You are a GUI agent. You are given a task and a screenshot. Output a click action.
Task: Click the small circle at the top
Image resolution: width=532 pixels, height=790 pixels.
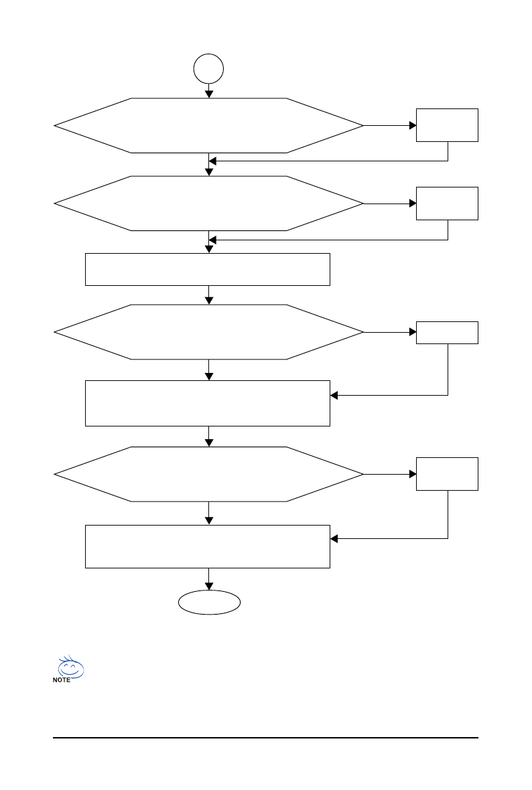click(208, 69)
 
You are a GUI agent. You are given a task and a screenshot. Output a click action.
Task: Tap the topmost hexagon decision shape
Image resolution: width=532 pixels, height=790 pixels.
click(209, 125)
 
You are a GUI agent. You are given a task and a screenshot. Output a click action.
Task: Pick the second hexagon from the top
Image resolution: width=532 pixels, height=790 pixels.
click(209, 203)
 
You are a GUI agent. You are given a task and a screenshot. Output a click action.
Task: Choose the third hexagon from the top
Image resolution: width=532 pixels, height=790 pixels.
click(209, 332)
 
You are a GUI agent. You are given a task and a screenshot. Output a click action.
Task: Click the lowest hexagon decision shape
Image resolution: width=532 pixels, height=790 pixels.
click(209, 474)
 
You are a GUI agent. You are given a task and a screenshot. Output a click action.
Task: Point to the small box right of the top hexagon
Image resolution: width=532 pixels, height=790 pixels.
click(447, 125)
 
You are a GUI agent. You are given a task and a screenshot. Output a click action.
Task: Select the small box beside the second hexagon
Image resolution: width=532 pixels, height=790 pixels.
click(447, 203)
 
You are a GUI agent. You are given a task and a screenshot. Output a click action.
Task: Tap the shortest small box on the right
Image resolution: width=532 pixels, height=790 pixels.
click(447, 333)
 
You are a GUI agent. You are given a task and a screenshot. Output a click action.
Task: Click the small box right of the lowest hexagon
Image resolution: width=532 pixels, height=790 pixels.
click(447, 474)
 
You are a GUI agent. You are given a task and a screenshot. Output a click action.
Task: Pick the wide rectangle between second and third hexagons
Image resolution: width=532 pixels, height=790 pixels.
click(208, 269)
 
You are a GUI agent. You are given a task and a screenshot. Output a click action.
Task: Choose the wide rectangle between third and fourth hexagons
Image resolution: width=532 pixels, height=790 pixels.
click(208, 403)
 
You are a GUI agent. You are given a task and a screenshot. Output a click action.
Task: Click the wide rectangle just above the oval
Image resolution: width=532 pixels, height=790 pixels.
click(208, 547)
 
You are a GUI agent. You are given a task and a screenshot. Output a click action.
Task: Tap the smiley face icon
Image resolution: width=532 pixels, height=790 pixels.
click(70, 667)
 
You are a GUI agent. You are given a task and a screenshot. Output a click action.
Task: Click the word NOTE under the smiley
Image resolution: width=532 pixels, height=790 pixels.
click(62, 680)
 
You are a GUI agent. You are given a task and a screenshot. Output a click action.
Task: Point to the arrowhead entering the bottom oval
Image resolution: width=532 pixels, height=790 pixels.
click(209, 586)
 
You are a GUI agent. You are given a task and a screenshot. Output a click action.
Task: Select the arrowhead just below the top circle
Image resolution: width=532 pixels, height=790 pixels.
click(209, 94)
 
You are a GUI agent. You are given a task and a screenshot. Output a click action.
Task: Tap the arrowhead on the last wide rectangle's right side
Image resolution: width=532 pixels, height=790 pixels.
click(334, 538)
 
